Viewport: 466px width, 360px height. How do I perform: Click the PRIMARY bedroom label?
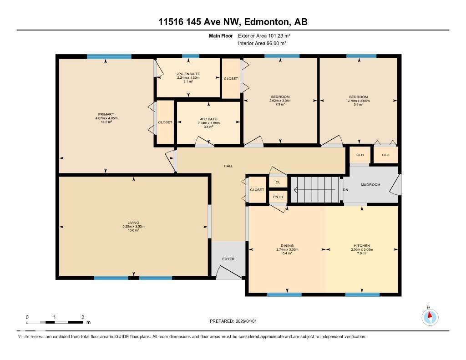tap(106, 114)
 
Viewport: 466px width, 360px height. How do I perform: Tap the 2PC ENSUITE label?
tap(188, 74)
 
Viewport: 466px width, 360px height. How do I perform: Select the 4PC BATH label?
tap(208, 119)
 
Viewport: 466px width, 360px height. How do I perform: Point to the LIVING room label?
tap(133, 223)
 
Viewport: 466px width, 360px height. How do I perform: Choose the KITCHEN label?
tap(362, 246)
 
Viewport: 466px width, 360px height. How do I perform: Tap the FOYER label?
tap(228, 259)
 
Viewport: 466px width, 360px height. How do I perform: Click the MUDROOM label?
tap(370, 185)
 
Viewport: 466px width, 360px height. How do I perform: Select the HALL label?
tap(228, 166)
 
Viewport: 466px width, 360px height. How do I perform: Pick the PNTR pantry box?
tap(278, 197)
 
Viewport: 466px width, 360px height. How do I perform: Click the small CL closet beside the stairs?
tap(278, 182)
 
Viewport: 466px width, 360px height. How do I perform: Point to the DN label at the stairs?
tap(345, 189)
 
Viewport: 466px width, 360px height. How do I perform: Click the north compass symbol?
tap(430, 316)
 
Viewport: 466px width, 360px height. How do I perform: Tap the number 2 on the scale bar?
tap(82, 317)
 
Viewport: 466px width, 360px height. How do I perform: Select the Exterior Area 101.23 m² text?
tap(264, 35)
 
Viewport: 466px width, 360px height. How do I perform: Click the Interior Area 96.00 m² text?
tap(262, 43)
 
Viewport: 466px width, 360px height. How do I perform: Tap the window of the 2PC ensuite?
tap(190, 56)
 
